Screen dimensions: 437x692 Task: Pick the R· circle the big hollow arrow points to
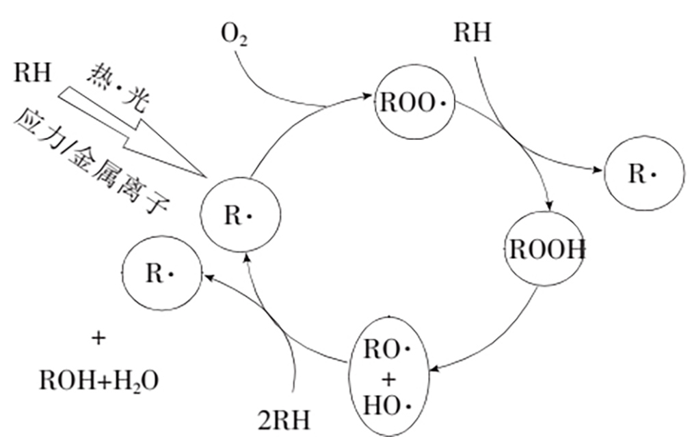[x=240, y=216]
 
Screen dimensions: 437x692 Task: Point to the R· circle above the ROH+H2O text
[x=161, y=273]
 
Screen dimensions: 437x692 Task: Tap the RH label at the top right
[x=473, y=33]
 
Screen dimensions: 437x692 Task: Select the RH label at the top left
[x=32, y=72]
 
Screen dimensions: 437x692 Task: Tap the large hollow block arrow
[x=130, y=130]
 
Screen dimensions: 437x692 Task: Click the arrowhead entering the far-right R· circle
[x=598, y=170]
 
